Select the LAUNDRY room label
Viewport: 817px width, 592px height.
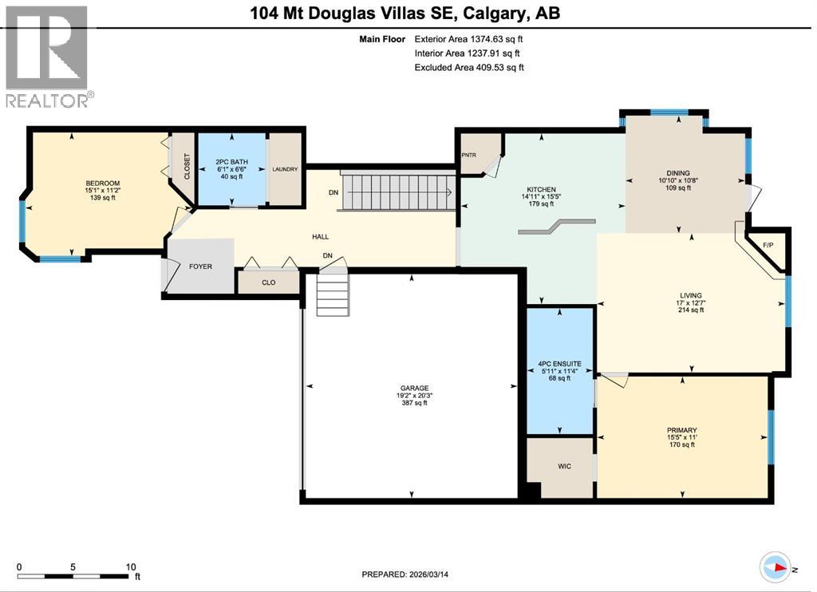point(285,169)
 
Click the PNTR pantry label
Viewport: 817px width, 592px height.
point(469,156)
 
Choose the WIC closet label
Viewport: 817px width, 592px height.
point(564,467)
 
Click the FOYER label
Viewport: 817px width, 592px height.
point(200,266)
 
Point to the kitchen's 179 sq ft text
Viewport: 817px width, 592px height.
point(541,204)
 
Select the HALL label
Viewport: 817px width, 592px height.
point(320,237)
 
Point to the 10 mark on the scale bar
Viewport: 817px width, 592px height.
point(131,567)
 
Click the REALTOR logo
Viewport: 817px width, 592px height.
point(48,56)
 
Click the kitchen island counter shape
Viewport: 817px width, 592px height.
point(556,227)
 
